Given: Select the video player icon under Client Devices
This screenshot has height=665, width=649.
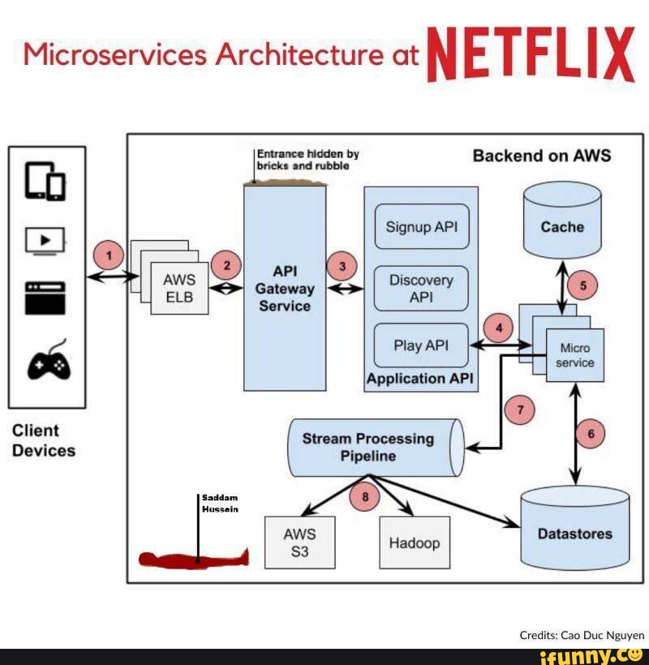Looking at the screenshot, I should tap(45, 241).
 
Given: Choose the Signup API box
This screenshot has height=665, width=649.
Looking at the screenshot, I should tap(421, 227).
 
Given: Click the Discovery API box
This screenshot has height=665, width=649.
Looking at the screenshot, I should tap(421, 289).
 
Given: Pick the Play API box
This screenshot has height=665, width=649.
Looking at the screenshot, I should tap(421, 345).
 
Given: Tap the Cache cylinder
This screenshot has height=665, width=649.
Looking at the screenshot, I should tap(562, 219).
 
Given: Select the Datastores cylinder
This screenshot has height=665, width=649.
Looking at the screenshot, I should tap(574, 527).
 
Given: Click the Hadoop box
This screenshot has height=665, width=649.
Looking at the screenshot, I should tap(414, 543).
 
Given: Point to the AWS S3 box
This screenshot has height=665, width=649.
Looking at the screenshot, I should tap(299, 543).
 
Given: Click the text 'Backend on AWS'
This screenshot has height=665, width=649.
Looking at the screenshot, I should tap(541, 156).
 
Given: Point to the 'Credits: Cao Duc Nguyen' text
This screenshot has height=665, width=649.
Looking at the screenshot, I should tap(582, 635).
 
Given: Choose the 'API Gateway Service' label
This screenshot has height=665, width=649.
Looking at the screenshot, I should tap(284, 288).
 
